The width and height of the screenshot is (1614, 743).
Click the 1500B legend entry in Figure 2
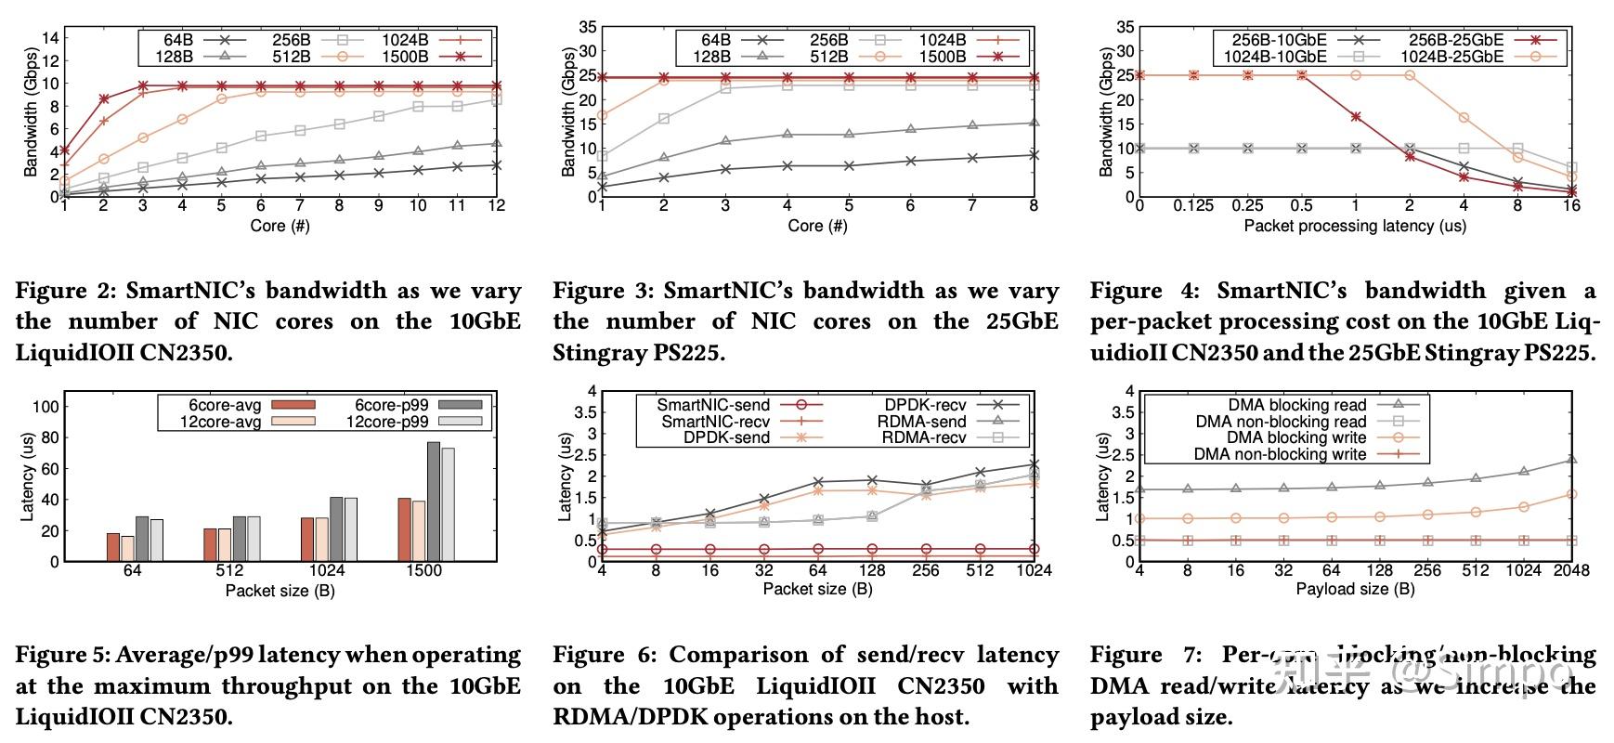pyautogui.click(x=404, y=57)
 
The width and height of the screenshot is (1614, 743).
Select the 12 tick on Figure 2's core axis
pyautogui.click(x=497, y=205)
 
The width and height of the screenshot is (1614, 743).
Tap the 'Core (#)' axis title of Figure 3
pyautogui.click(x=817, y=226)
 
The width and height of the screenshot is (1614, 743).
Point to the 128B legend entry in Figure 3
pyautogui.click(x=710, y=57)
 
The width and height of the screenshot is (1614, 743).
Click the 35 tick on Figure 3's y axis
pyautogui.click(x=588, y=27)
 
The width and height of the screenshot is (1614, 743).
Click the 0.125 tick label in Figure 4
pyautogui.click(x=1193, y=205)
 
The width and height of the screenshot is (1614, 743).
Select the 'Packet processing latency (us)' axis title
pyautogui.click(x=1355, y=226)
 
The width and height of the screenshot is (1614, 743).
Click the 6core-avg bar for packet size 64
pyautogui.click(x=113, y=547)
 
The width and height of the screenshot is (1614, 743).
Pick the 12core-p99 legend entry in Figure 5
pyautogui.click(x=387, y=422)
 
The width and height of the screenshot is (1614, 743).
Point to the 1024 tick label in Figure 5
pyautogui.click(x=327, y=570)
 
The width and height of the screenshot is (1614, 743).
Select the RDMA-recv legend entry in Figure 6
pyautogui.click(x=924, y=437)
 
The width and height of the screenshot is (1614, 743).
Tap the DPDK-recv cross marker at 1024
pyautogui.click(x=1034, y=463)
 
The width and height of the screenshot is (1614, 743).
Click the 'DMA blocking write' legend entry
pyautogui.click(x=1296, y=437)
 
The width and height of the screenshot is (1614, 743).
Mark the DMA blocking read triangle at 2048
pyautogui.click(x=1571, y=460)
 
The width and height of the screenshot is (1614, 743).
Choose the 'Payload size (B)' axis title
pyautogui.click(x=1355, y=589)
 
